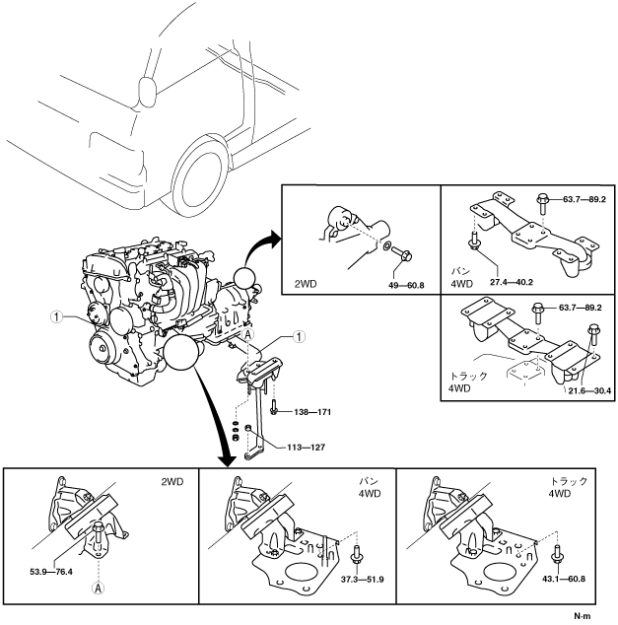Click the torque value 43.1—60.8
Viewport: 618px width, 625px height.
click(x=561, y=580)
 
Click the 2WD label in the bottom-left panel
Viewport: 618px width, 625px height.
click(x=173, y=485)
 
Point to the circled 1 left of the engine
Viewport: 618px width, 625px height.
click(x=58, y=317)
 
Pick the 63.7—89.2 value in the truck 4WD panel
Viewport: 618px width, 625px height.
click(x=581, y=308)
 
